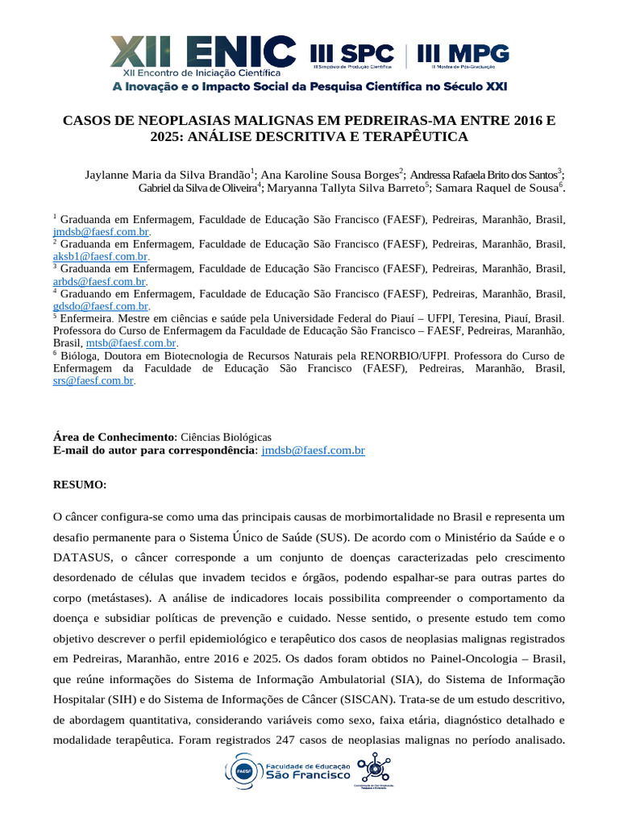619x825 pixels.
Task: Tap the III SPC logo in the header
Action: (x=352, y=55)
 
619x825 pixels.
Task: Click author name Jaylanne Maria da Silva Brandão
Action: (x=167, y=174)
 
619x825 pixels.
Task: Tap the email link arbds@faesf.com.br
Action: (x=99, y=281)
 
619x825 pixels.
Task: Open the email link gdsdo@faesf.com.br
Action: (x=101, y=306)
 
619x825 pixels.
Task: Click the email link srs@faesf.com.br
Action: (x=93, y=380)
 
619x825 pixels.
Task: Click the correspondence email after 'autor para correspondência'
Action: (x=314, y=450)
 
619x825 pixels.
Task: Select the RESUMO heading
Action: (x=80, y=485)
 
